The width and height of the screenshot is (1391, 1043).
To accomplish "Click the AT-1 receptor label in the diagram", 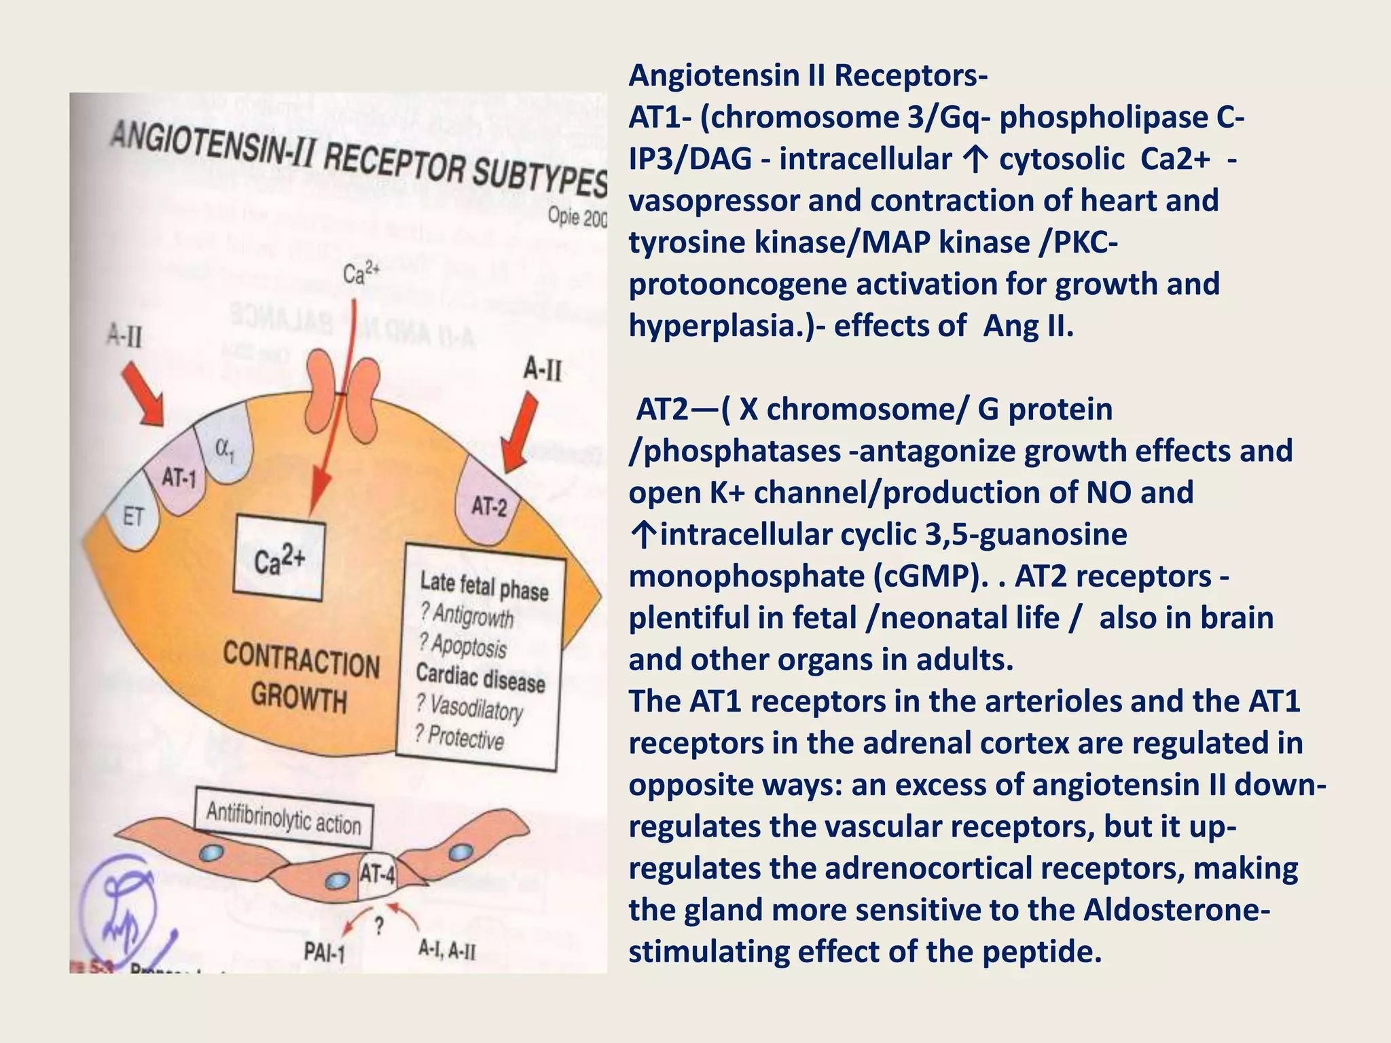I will coord(179,479).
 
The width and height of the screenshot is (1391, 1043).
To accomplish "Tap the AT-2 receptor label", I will coord(489,506).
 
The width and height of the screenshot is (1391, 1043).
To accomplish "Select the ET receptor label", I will coord(133,517).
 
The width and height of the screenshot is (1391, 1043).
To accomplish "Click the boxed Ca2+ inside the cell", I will coord(278,559).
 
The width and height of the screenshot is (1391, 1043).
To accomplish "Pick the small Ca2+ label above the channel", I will coord(361,274).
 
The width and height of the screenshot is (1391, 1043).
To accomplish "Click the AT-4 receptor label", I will coord(377,874).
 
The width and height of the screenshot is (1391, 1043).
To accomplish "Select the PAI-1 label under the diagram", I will coord(324,953).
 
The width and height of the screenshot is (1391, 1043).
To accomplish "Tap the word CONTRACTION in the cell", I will coord(301,661).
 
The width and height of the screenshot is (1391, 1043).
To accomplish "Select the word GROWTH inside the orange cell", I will coord(299,697).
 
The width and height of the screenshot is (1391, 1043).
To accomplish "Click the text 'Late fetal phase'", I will coord(484,586).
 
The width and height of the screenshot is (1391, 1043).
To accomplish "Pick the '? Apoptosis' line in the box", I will coord(463,645).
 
